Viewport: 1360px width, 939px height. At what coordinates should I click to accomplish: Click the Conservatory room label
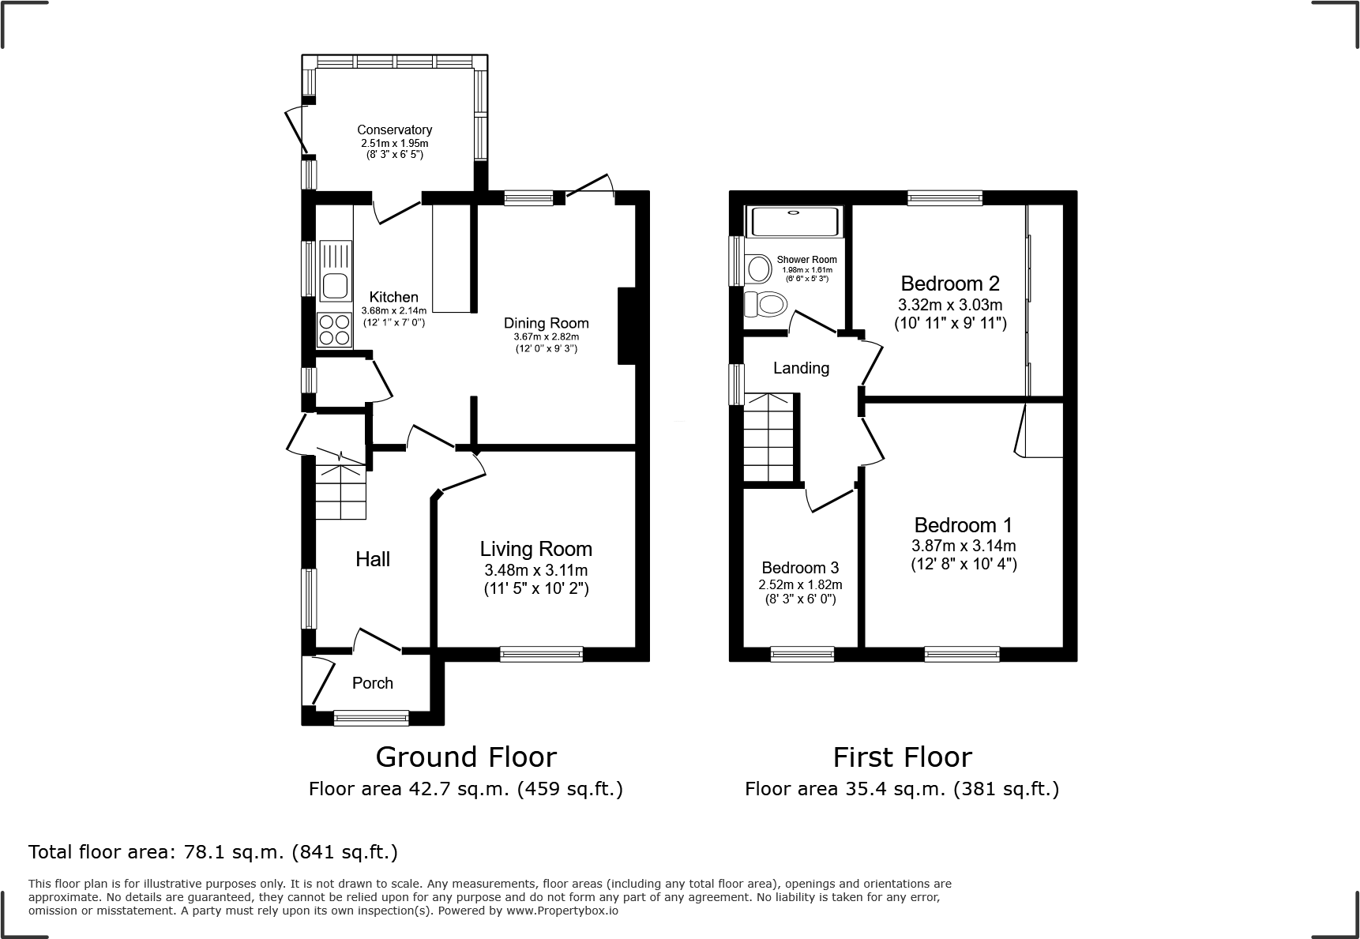tap(394, 130)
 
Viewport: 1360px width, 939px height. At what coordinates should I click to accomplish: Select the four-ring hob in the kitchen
tap(334, 330)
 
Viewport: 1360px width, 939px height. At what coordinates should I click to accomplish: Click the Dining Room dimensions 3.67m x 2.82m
tap(546, 336)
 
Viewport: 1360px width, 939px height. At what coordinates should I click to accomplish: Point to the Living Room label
tap(535, 549)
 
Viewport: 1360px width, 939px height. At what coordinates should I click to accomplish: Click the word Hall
tap(373, 559)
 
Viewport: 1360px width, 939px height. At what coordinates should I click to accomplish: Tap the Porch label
tap(372, 683)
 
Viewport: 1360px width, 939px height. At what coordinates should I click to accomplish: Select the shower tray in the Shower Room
tap(795, 221)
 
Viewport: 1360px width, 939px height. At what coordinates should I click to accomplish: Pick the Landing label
tap(801, 368)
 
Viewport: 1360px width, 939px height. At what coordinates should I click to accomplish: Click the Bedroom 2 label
tap(950, 284)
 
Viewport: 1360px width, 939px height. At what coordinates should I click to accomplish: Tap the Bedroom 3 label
tap(800, 568)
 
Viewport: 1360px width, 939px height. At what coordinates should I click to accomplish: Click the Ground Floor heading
tap(466, 757)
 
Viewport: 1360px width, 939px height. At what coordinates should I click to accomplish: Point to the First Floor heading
tap(902, 757)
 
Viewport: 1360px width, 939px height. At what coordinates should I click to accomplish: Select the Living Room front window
tap(542, 654)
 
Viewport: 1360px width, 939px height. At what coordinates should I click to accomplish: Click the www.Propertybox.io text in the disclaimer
tap(562, 911)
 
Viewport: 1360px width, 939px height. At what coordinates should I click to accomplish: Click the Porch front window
tap(371, 717)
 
